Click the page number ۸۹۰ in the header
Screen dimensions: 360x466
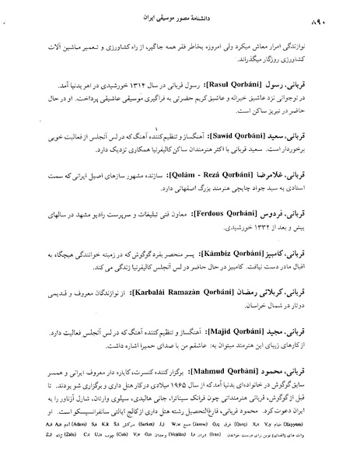pyautogui.click(x=23, y=16)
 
